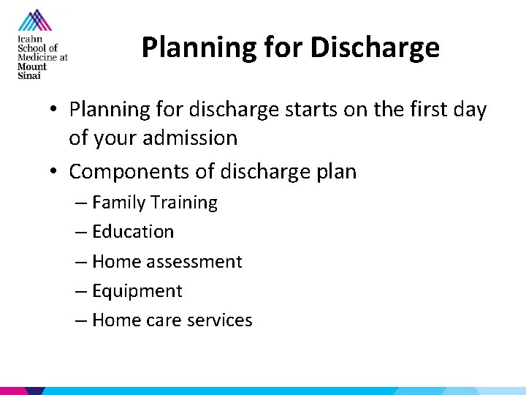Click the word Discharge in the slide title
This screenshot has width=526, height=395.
pyautogui.click(x=375, y=48)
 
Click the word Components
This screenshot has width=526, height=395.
pyautogui.click(x=128, y=172)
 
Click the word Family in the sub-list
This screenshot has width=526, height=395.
pyautogui.click(x=118, y=203)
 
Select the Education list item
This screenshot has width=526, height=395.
pyautogui.click(x=133, y=232)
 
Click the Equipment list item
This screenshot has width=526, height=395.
pyautogui.click(x=137, y=291)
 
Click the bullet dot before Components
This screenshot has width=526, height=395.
pyautogui.click(x=55, y=173)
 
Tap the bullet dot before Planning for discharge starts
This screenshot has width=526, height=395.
pyautogui.click(x=55, y=110)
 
